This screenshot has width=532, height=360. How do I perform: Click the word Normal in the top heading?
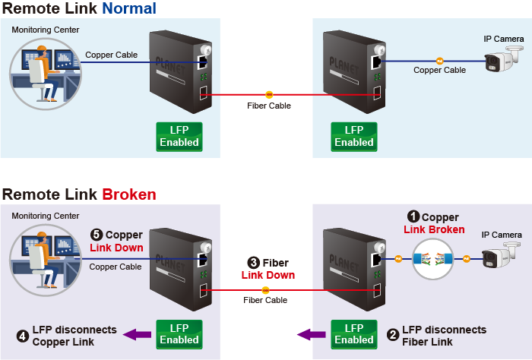[128, 9]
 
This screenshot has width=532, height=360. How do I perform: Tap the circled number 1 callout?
[413, 218]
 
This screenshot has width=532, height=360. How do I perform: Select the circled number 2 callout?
[393, 334]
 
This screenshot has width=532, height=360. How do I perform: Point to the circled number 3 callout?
[253, 263]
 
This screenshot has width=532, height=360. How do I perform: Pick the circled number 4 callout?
[24, 334]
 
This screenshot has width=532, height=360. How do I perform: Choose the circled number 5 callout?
[97, 235]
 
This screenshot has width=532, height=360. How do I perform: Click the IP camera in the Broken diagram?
[502, 258]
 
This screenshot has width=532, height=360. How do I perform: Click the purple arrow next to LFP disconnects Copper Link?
[135, 334]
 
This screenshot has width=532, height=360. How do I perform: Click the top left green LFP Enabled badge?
[179, 136]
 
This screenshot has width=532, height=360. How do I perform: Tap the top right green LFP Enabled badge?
[354, 136]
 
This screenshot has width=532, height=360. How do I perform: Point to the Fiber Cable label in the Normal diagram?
[269, 106]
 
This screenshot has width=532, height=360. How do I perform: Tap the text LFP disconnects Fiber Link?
[444, 336]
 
